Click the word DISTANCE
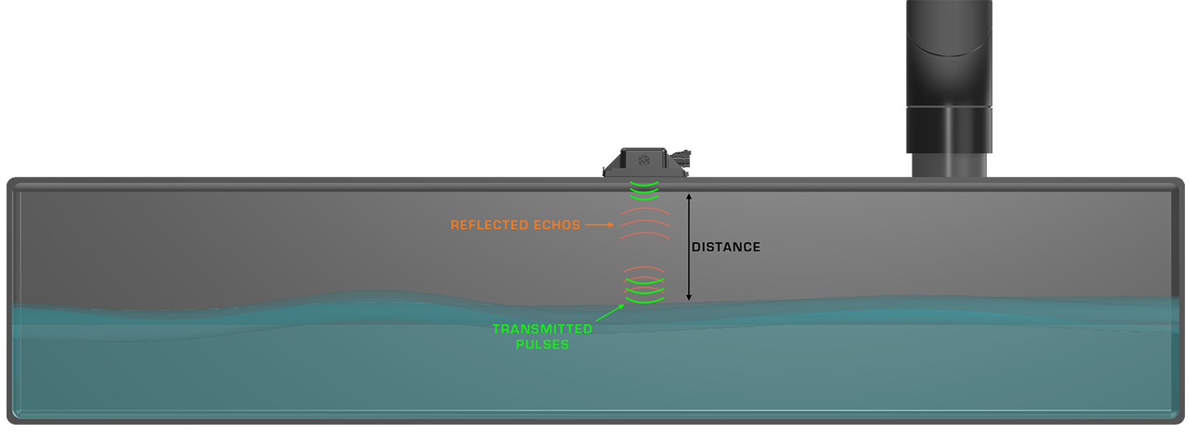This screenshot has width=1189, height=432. pos(726,247)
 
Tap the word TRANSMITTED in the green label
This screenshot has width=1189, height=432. pos(542,329)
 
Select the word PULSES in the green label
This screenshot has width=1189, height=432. pos(542,345)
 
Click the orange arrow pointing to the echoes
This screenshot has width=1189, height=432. pos(599,224)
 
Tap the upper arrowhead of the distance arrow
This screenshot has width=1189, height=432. pos(688,196)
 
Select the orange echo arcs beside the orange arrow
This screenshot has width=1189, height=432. pos(645,223)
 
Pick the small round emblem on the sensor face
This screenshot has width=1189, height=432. pos(644,160)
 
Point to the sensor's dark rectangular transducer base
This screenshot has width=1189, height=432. pos(644,162)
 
